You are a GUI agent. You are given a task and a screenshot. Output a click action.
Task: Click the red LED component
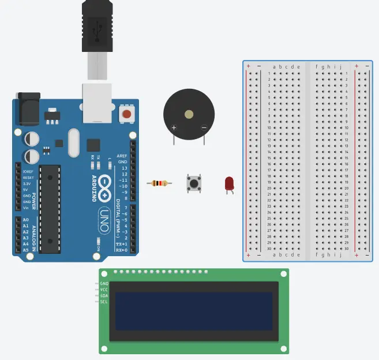click(x=229, y=184)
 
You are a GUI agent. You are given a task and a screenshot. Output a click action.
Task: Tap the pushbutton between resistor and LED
click(x=194, y=183)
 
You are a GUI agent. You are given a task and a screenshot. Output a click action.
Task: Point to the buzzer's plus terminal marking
click(x=174, y=127)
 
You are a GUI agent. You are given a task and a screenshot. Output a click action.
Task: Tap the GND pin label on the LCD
click(x=104, y=284)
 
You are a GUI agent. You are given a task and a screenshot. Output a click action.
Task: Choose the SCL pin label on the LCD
click(x=104, y=302)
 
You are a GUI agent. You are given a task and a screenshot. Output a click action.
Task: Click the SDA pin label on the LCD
click(x=104, y=296)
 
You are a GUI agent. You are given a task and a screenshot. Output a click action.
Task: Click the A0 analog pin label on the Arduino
click(x=26, y=220)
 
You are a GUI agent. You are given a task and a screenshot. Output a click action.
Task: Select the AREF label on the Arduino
click(x=122, y=156)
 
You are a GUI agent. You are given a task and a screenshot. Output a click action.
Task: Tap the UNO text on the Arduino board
click(x=104, y=220)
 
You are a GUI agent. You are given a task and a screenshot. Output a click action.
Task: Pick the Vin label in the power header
click(x=26, y=208)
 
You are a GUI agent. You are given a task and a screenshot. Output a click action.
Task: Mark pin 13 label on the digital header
click(x=123, y=168)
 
